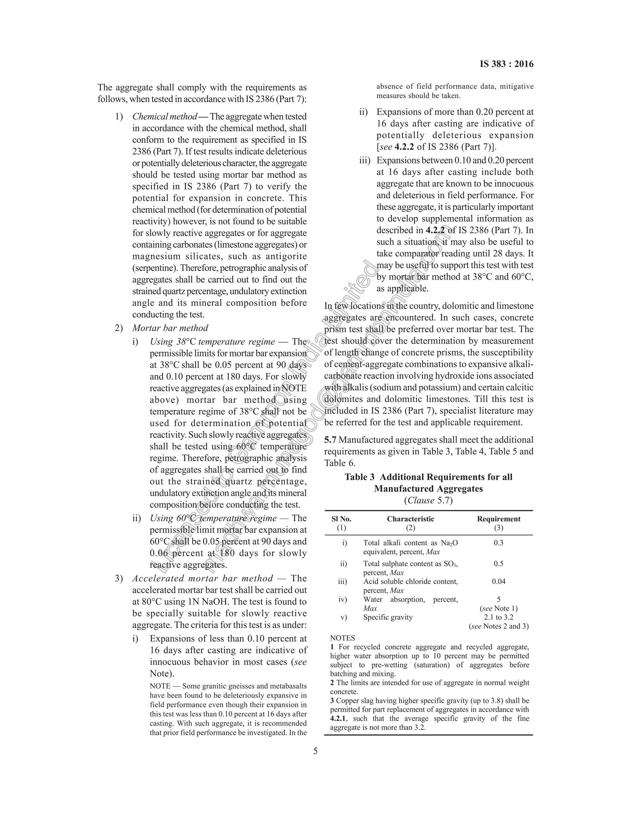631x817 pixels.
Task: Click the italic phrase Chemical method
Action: coord(165,117)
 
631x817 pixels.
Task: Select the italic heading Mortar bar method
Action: coord(170,328)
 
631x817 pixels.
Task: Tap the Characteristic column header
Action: coord(410,519)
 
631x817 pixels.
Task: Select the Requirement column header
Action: coord(499,519)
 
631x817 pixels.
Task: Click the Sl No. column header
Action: coord(341,519)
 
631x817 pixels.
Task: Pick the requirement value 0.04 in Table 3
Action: coord(499,581)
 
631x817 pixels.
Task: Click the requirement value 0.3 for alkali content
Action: coord(499,543)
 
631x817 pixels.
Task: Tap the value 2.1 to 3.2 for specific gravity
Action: coord(499,617)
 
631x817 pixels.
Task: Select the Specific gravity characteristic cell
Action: coord(388,617)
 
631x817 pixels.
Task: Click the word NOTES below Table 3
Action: coord(342,638)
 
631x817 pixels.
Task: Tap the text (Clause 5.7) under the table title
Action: coord(428,500)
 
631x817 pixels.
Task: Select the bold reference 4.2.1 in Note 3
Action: coord(338,718)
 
